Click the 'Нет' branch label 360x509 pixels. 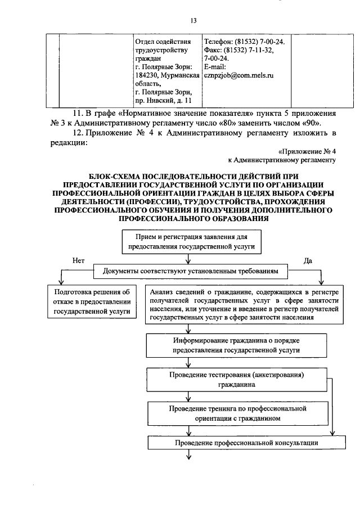(78, 260)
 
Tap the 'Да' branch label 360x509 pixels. (308, 260)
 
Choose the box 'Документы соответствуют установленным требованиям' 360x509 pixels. (191, 271)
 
